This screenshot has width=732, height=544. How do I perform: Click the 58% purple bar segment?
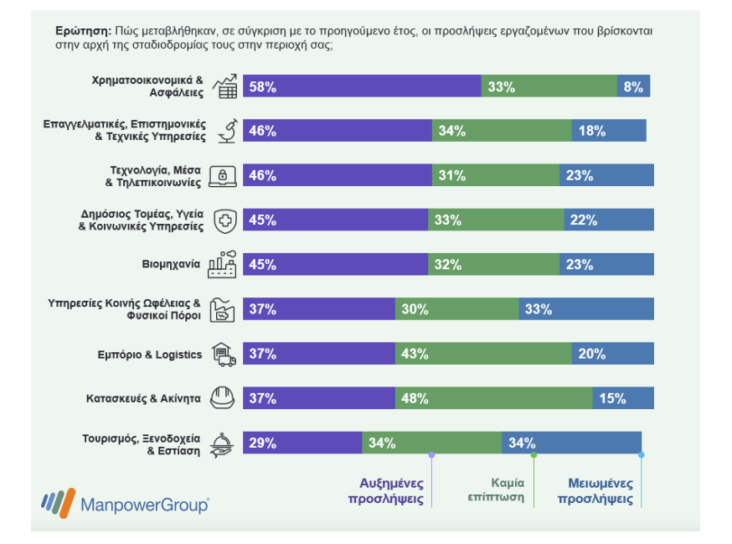pyautogui.click(x=362, y=86)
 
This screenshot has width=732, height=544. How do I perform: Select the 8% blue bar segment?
pyautogui.click(x=633, y=86)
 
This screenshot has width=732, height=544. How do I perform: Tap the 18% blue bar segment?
pyautogui.click(x=609, y=131)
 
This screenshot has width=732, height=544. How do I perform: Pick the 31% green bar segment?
pyautogui.click(x=496, y=175)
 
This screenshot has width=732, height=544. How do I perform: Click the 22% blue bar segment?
pyautogui.click(x=609, y=220)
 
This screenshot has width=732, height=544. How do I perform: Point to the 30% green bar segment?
pyautogui.click(x=457, y=309)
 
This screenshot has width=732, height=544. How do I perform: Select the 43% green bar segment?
pyautogui.click(x=483, y=354)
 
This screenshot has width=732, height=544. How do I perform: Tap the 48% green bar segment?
pyautogui.click(x=494, y=398)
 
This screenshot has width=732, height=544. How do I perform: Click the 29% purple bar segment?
pyautogui.click(x=302, y=443)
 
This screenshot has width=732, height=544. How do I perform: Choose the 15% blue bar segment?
pyautogui.click(x=623, y=398)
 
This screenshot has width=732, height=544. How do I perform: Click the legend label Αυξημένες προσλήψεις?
pyautogui.click(x=386, y=490)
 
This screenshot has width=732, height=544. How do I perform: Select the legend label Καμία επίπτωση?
pyautogui.click(x=496, y=490)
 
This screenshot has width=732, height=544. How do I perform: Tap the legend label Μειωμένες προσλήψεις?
pyautogui.click(x=595, y=490)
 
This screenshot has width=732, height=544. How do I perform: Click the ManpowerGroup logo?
pyautogui.click(x=125, y=503)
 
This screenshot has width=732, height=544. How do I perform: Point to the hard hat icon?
pyautogui.click(x=222, y=397)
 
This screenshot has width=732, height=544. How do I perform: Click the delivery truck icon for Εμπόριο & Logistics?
pyautogui.click(x=224, y=355)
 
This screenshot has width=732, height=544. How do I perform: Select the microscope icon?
pyautogui.click(x=228, y=131)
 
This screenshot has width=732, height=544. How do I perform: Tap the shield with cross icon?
pyautogui.click(x=225, y=221)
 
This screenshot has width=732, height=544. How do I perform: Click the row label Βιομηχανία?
pyautogui.click(x=171, y=265)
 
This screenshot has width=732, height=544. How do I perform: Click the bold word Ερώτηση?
pyautogui.click(x=84, y=31)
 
